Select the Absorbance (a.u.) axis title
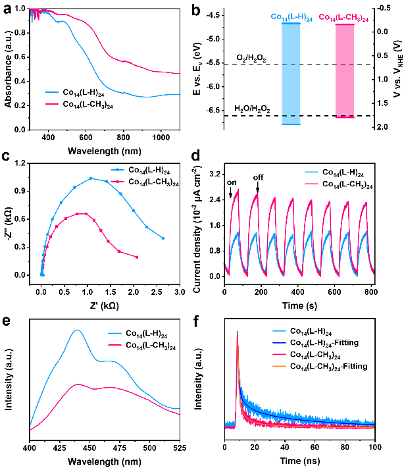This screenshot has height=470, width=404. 8,71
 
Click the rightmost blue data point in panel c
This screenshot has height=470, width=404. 163,238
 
